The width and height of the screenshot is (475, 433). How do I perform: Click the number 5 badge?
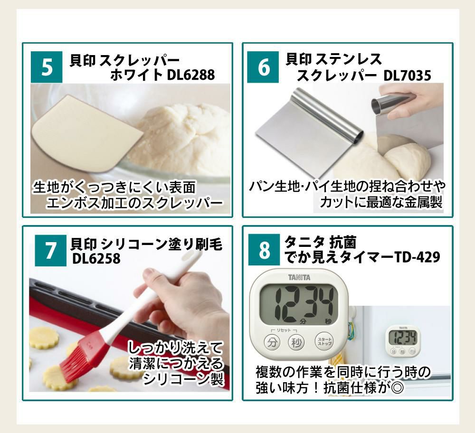point(47,68)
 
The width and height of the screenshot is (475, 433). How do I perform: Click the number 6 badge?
point(265,68)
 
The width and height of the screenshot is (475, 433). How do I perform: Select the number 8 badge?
point(265,251)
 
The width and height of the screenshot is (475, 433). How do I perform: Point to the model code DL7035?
point(408,75)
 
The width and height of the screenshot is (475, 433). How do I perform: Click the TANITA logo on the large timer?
point(299,277)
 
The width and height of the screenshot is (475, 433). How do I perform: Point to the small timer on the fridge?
point(403,340)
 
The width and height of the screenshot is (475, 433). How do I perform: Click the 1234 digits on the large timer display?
point(299,304)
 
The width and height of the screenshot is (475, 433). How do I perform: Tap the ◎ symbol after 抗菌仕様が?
point(398,387)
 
